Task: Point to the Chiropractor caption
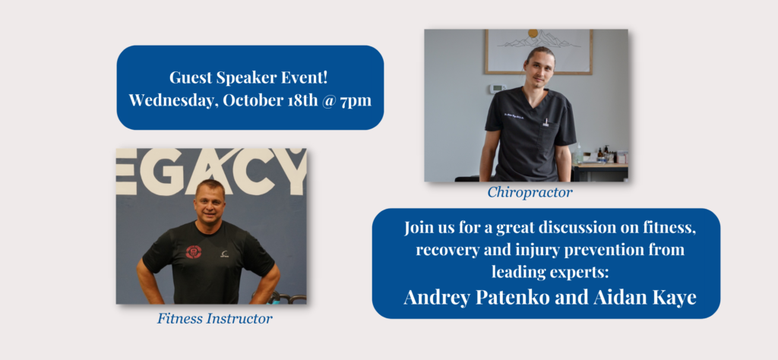tap(530, 192)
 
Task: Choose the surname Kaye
tap(676, 298)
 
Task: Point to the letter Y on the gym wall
tap(293, 172)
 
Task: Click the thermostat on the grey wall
tap(497, 89)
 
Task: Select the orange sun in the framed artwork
tap(533, 33)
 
